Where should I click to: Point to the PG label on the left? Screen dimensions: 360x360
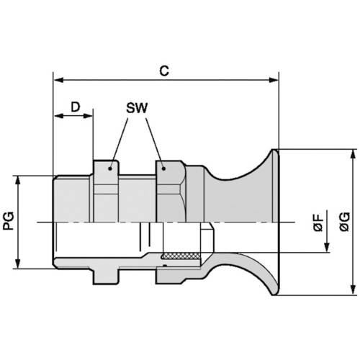pyautogui.click(x=10, y=221)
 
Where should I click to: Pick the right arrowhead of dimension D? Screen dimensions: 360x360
pyautogui.click(x=89, y=115)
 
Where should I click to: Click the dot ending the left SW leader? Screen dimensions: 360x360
pyautogui.click(x=111, y=168)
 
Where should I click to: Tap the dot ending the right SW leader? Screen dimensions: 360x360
pyautogui.click(x=164, y=168)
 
